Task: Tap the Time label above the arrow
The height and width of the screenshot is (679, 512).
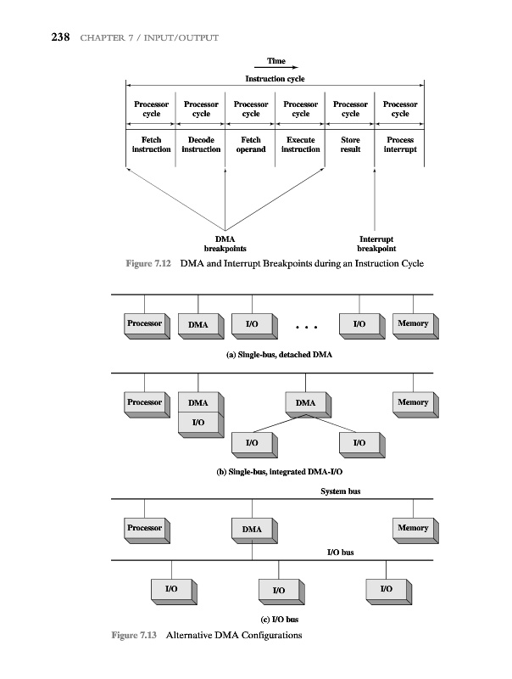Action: (275, 61)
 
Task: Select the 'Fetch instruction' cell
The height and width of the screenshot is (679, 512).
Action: (151, 144)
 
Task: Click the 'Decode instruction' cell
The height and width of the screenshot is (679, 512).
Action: (201, 144)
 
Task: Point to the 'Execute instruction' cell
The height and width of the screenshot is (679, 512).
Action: (300, 144)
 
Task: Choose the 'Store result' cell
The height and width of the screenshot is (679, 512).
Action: (350, 144)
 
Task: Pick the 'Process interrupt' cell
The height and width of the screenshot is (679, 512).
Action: (400, 144)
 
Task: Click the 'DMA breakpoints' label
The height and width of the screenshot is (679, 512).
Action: (225, 244)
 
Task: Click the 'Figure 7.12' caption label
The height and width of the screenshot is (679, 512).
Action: (149, 265)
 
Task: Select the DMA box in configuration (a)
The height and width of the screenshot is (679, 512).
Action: (198, 325)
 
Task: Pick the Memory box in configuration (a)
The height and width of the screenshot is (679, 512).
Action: (413, 324)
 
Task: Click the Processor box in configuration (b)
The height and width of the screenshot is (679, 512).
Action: (144, 402)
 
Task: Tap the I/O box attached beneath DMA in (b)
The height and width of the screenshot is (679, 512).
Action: (198, 422)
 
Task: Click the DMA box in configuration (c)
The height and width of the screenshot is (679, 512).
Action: (252, 530)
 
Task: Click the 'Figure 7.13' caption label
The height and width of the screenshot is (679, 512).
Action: (135, 636)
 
